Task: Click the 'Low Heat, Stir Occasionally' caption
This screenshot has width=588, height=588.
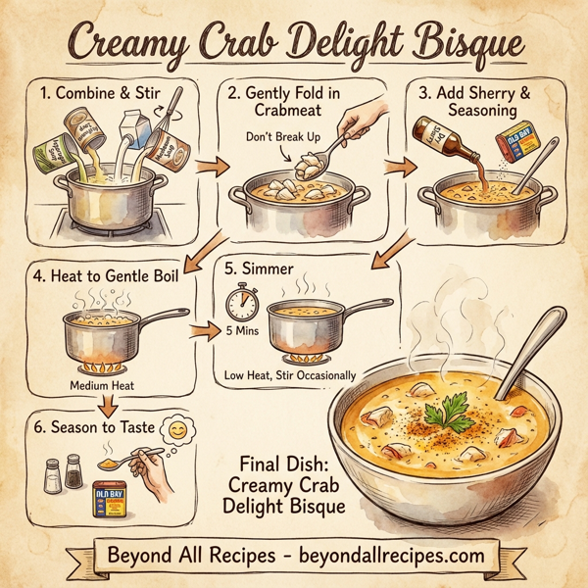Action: pyautogui.click(x=289, y=374)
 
